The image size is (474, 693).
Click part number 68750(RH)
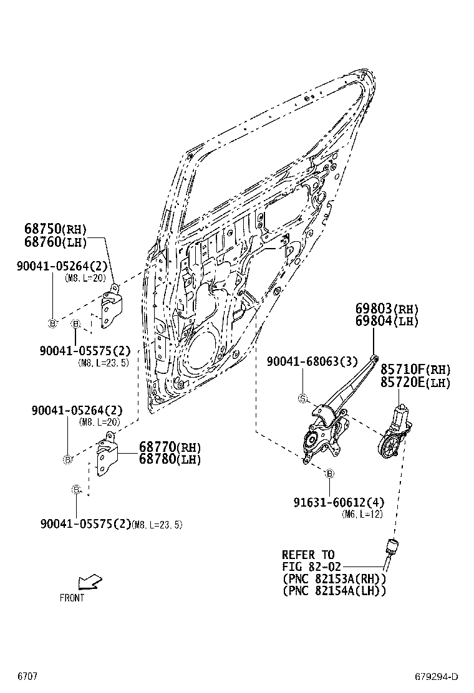(56, 229)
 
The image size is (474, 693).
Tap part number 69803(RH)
(387, 309)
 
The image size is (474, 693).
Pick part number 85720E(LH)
(415, 383)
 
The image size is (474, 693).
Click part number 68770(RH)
(170, 447)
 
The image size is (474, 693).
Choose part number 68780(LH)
(170, 459)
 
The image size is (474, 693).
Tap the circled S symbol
(302, 398)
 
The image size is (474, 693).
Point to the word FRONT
(72, 598)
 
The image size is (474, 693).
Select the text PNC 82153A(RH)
(334, 578)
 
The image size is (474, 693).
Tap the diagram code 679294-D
(437, 677)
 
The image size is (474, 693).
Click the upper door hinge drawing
(111, 308)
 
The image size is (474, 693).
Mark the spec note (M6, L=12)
(362, 514)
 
